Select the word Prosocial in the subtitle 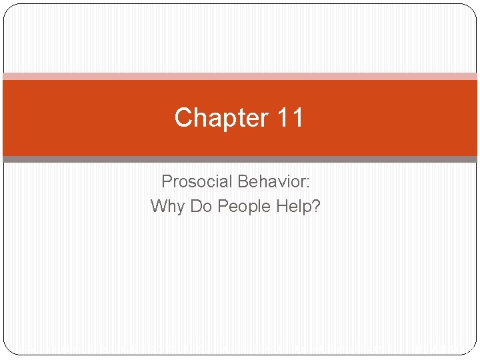(x=196, y=181)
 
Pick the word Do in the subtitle (x=201, y=206)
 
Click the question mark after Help (x=316, y=206)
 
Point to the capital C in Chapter (x=183, y=118)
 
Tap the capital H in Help (x=281, y=206)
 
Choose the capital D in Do (x=196, y=206)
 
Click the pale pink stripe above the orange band (x=240, y=76)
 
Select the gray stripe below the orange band (x=240, y=159)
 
